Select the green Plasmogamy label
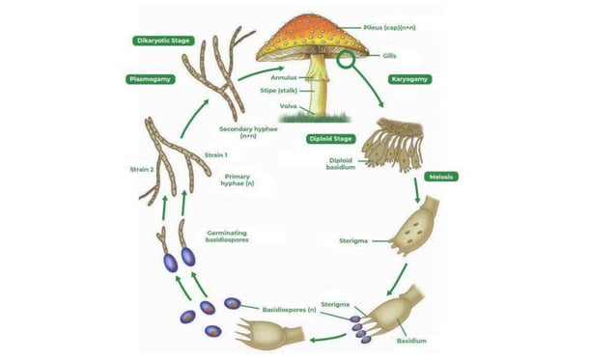152,79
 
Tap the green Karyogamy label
409,79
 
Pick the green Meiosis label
440,177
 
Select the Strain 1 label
215,154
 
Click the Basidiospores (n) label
290,310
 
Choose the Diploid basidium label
343,165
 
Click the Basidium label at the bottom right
411,341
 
